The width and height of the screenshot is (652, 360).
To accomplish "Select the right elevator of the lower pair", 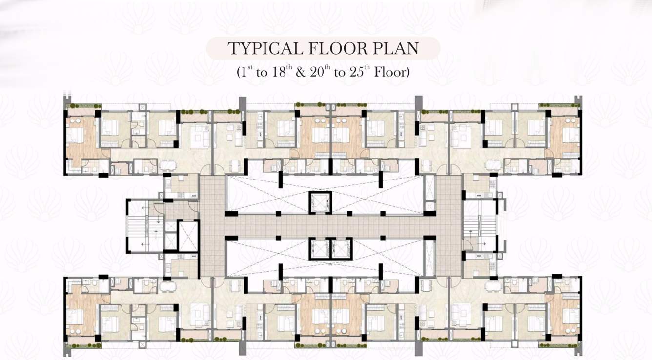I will pos(340,248).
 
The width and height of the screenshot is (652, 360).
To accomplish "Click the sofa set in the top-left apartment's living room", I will pos(200,137).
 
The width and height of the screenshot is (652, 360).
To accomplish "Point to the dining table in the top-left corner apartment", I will pos(166,165).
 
